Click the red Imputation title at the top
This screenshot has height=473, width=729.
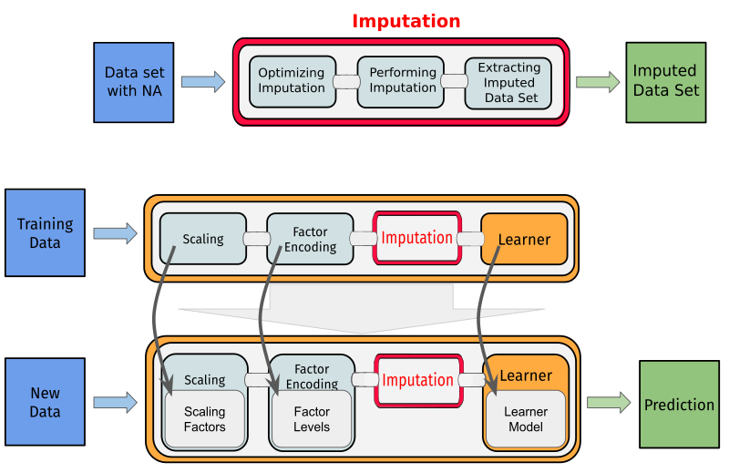[406, 20]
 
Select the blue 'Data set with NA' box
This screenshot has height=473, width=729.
[133, 82]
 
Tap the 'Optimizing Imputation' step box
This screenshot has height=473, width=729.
[292, 80]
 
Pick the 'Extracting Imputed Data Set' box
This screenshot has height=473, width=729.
[508, 82]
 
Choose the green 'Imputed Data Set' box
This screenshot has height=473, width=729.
[665, 82]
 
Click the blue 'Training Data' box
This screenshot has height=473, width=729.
[45, 232]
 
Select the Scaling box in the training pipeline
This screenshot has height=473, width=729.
[202, 239]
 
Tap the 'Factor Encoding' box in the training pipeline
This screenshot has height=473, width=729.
[310, 239]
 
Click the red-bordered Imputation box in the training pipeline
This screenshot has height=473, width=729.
[416, 238]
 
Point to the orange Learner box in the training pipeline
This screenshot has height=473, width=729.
[524, 239]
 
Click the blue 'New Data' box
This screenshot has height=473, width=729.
[45, 403]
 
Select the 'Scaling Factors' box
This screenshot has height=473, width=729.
[204, 420]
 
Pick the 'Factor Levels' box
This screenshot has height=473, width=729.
[312, 420]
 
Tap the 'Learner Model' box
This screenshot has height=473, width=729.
[526, 420]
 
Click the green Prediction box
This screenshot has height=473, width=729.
[679, 405]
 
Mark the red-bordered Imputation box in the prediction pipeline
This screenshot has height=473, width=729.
[416, 380]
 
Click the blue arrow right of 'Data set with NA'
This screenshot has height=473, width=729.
[203, 82]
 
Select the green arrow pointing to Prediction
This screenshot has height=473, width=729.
[608, 402]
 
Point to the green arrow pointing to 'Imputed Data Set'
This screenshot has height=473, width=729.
[598, 82]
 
